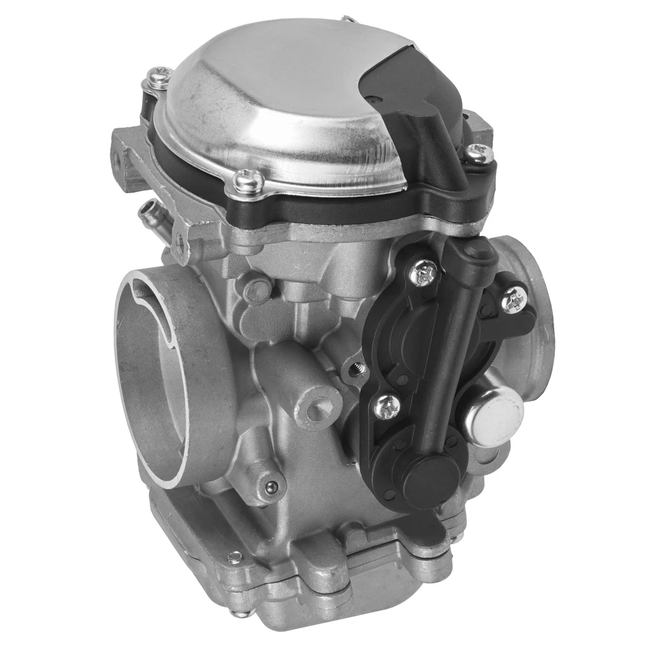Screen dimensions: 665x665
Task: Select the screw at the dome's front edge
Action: [248, 182]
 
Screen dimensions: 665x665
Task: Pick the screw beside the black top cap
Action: [479, 153]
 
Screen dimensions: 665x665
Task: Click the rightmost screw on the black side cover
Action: [513, 299]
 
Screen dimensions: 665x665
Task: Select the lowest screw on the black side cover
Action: [387, 406]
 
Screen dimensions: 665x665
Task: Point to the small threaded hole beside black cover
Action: [357, 368]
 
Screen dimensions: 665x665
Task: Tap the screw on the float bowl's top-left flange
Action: [235, 556]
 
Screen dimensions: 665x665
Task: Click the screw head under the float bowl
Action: [240, 612]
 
